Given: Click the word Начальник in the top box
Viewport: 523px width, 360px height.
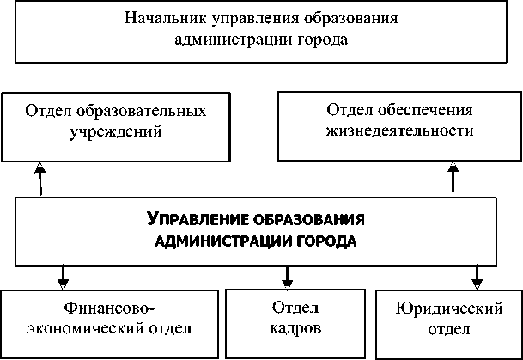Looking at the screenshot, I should click(163, 17).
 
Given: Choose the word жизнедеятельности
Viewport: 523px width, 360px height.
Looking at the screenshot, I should click(399, 132).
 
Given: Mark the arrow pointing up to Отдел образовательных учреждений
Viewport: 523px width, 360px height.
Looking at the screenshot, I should click(40, 179).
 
